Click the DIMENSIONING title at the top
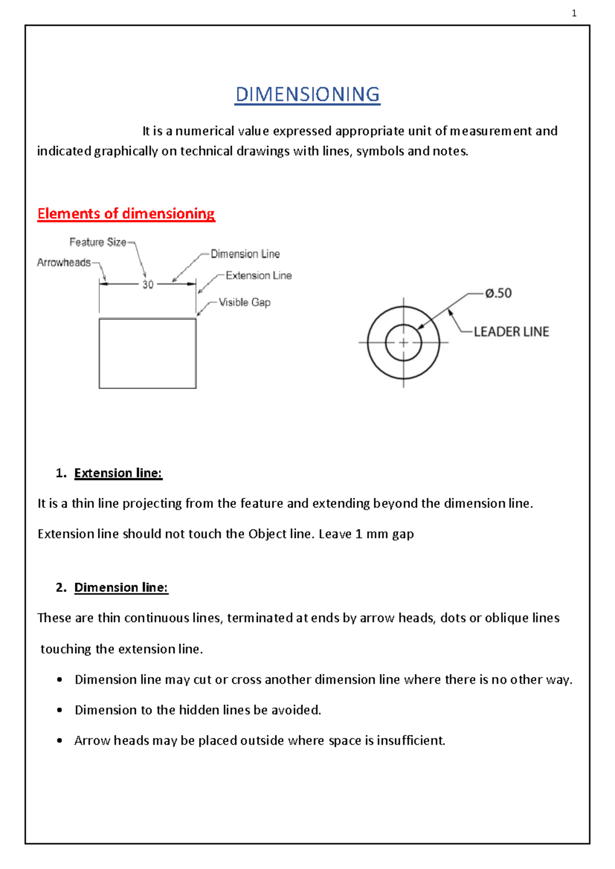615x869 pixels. [307, 95]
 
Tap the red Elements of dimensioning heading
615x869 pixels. [126, 214]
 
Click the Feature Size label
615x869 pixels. [98, 242]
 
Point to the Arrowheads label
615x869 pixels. [64, 263]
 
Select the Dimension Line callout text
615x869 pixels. [245, 254]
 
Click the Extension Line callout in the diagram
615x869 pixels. [259, 276]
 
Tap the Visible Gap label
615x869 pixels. [244, 302]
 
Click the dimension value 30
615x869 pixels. [148, 285]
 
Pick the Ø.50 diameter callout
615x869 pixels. [498, 293]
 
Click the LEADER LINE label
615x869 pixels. [511, 332]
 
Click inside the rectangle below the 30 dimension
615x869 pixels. [148, 354]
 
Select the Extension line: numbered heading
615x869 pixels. [118, 473]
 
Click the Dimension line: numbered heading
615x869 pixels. [121, 587]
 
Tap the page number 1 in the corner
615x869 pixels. [574, 13]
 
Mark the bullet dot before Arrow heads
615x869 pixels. [60, 740]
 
